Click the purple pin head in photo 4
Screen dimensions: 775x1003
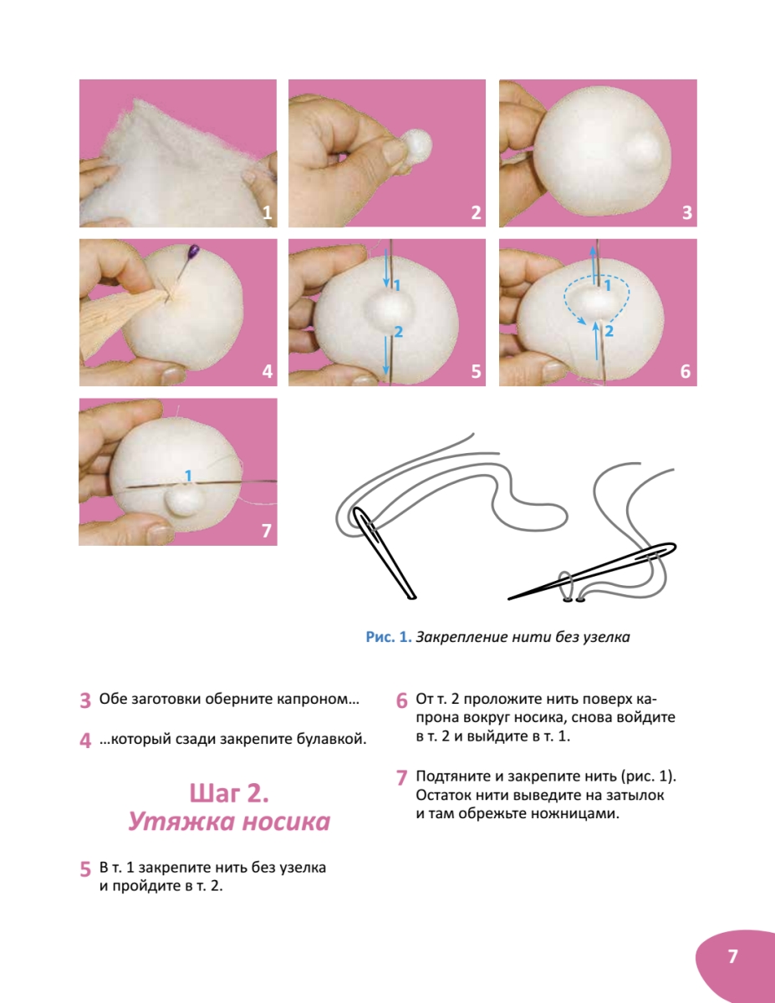(x=194, y=251)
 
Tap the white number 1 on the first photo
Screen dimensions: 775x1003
(x=267, y=213)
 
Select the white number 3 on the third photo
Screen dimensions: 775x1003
(x=687, y=213)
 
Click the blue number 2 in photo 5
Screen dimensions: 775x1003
(x=398, y=332)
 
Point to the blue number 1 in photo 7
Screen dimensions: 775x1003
(x=188, y=476)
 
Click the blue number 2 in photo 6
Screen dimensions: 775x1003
(x=609, y=331)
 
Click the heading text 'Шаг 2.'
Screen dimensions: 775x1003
(x=229, y=793)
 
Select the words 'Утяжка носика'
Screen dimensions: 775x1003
(x=229, y=822)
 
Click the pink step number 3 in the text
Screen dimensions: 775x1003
(x=85, y=700)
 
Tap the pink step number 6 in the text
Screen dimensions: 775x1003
(x=401, y=700)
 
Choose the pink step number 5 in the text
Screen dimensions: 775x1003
(x=85, y=869)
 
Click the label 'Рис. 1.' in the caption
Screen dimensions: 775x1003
(x=389, y=637)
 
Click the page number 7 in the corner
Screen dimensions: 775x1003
(x=732, y=956)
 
